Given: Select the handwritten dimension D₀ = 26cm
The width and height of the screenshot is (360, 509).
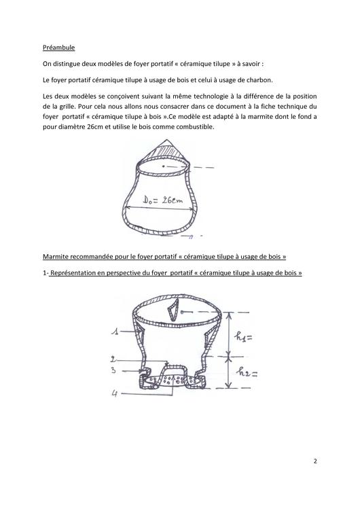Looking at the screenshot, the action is pos(164,200).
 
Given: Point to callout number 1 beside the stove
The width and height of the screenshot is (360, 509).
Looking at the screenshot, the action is pos(116,331).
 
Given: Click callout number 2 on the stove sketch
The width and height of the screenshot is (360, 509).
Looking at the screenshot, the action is pos(115,358).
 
